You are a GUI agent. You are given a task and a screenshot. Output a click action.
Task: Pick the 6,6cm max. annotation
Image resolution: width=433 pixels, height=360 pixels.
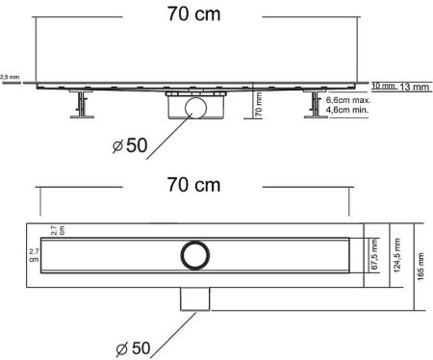(x=347, y=100)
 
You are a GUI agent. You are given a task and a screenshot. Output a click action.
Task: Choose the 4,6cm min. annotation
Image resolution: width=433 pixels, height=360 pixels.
(x=347, y=111)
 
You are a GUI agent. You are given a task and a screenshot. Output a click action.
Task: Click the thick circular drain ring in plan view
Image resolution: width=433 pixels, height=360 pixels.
(x=191, y=255)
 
